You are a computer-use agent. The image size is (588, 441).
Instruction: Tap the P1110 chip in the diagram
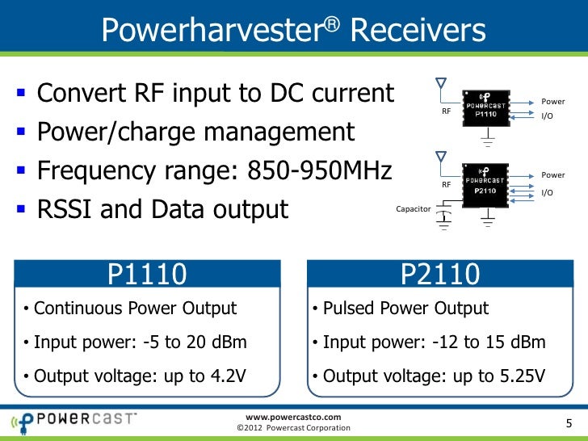point(485,110)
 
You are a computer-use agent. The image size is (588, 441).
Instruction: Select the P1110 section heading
point(148,276)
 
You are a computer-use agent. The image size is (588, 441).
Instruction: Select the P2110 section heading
point(439,276)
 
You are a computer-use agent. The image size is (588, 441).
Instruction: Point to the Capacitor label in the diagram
point(414,208)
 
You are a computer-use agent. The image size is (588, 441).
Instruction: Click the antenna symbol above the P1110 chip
point(440,85)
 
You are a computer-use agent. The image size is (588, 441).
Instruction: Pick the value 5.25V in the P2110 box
point(519,376)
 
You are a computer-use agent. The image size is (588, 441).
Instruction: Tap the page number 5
point(568,424)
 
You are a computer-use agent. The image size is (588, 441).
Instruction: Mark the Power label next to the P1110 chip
point(552,102)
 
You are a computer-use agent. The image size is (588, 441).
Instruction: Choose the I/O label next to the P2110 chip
point(548,192)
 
